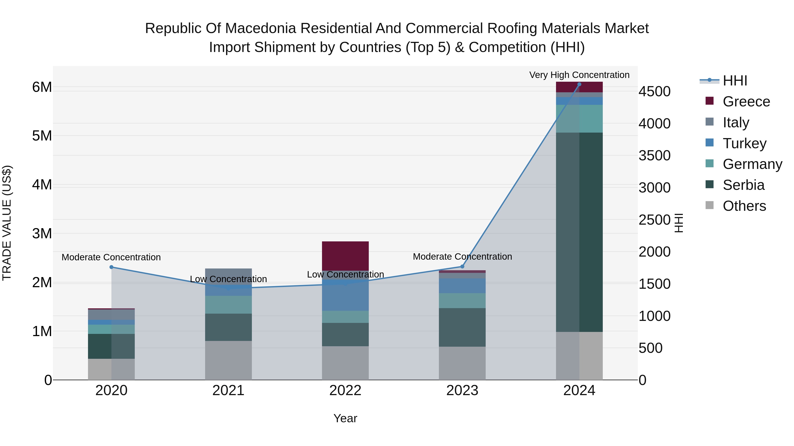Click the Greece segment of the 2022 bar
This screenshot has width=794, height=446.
345,255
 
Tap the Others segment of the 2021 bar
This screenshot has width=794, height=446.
228,360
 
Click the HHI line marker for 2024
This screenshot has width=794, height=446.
579,84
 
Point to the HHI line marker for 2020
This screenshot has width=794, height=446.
112,267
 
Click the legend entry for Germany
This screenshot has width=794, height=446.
752,164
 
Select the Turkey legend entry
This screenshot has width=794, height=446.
744,143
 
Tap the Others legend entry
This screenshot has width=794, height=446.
744,206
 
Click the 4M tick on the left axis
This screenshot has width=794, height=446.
42,185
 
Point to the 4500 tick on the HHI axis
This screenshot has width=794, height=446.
654,91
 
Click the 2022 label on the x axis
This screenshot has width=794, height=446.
345,390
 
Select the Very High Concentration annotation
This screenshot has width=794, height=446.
579,75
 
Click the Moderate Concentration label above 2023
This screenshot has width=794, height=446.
462,256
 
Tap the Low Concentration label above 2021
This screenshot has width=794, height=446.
228,279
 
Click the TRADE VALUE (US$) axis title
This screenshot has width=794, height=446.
7,223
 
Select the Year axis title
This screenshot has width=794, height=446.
345,418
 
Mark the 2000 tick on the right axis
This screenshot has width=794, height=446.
654,252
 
